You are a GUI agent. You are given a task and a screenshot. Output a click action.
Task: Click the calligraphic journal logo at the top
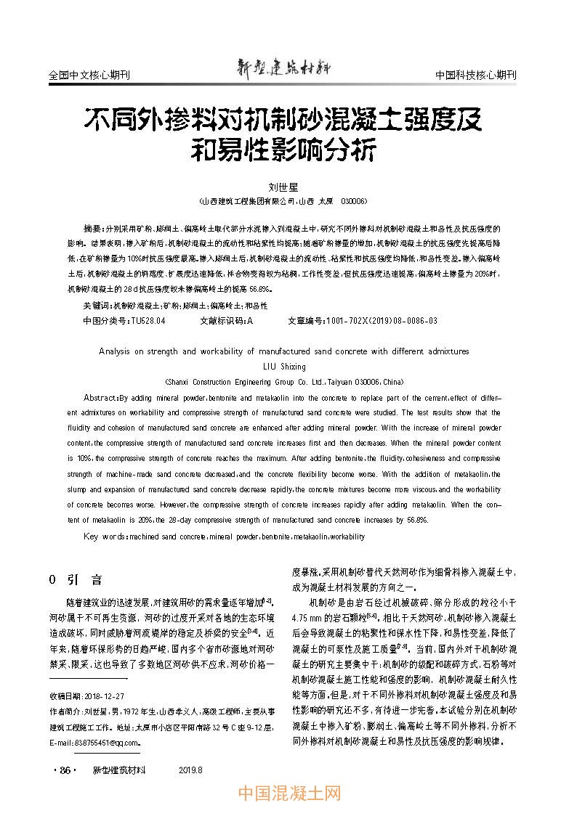(x=283, y=68)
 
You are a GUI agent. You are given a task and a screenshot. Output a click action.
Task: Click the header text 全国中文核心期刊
(x=89, y=75)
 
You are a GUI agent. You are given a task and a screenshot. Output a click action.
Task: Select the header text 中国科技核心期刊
(x=475, y=75)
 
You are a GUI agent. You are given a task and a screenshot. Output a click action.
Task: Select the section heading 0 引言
(x=75, y=579)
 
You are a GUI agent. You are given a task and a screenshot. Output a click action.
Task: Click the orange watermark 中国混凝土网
(x=289, y=794)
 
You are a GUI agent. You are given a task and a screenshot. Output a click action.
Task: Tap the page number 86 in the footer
(x=64, y=770)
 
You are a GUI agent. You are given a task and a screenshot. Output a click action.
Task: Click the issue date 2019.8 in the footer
(x=190, y=770)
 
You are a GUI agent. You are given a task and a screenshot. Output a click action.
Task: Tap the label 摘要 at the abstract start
(x=93, y=229)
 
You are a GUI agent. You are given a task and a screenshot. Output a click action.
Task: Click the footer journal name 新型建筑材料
(x=120, y=770)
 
